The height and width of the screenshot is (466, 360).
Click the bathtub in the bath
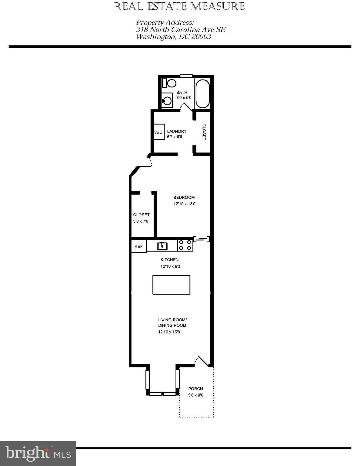pyautogui.click(x=202, y=93)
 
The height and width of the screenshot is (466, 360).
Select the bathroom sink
pyautogui.click(x=167, y=100)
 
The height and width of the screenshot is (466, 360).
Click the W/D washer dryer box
pyautogui.click(x=159, y=132)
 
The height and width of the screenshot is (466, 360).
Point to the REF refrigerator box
pyautogui.click(x=139, y=246)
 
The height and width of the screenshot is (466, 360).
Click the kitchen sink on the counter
pyautogui.click(x=162, y=246)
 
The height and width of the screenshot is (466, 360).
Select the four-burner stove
pyautogui.click(x=185, y=245)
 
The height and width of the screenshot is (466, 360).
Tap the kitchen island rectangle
pyautogui.click(x=171, y=285)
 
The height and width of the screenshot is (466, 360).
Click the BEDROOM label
pyautogui.click(x=184, y=198)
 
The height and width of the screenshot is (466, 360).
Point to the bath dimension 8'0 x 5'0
pyautogui.click(x=184, y=98)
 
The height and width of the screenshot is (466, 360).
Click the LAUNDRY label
pyautogui.click(x=177, y=131)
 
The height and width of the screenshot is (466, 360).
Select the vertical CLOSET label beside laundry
pyautogui.click(x=204, y=132)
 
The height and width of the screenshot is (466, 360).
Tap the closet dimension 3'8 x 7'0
pyautogui.click(x=141, y=221)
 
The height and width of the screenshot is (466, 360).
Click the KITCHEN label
pyautogui.click(x=169, y=260)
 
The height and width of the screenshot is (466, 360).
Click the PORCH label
pyautogui.click(x=195, y=389)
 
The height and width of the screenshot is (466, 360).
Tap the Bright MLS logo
pyautogui.click(x=38, y=454)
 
